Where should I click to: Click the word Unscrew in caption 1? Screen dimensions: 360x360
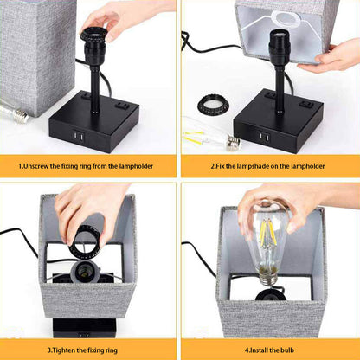tap(35, 166)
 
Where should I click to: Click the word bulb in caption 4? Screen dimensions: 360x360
tap(287, 350)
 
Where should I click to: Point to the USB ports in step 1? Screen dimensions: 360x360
tap(78, 135)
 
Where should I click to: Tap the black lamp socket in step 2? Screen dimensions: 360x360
tap(279, 45)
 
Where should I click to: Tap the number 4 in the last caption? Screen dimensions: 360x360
tap(247, 350)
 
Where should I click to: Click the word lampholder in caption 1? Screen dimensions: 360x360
tap(136, 166)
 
